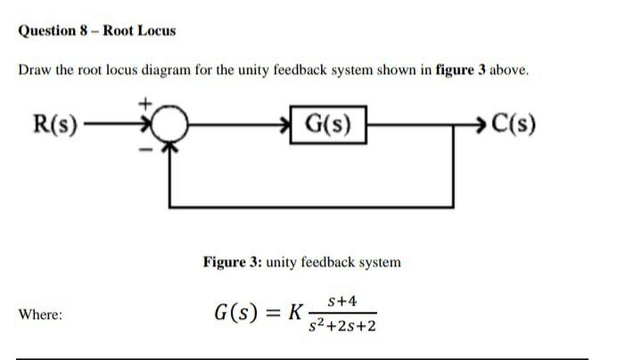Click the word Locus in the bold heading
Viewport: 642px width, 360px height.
pos(157,30)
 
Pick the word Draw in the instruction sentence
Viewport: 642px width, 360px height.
pos(33,71)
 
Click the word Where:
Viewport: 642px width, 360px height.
pos(40,315)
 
